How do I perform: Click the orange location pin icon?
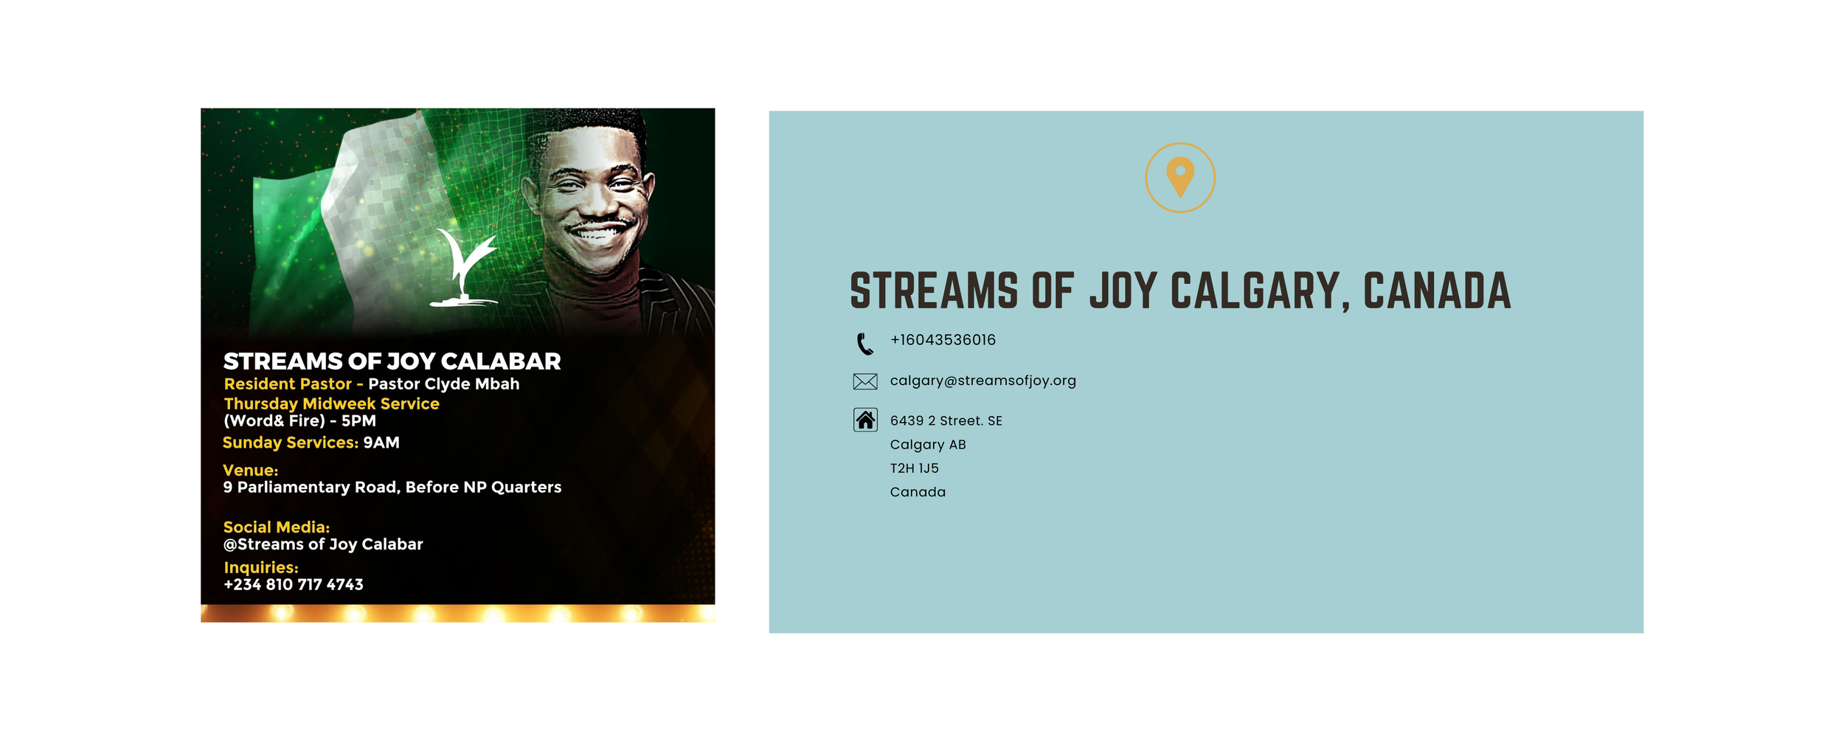pyautogui.click(x=1180, y=177)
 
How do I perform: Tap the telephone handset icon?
pyautogui.click(x=864, y=344)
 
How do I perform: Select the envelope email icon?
pyautogui.click(x=865, y=381)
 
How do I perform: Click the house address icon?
pyautogui.click(x=865, y=420)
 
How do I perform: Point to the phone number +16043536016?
pyautogui.click(x=943, y=340)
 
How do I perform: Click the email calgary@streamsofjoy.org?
pyautogui.click(x=983, y=381)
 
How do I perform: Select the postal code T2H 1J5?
pyautogui.click(x=914, y=468)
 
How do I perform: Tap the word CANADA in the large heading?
pyautogui.click(x=1437, y=291)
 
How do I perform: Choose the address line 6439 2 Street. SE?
pyautogui.click(x=946, y=421)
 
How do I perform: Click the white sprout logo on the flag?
pyautogui.click(x=465, y=267)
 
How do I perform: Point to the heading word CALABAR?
pyautogui.click(x=501, y=361)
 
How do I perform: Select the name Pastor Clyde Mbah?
pyautogui.click(x=444, y=384)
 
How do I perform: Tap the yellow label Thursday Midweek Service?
pyautogui.click(x=331, y=404)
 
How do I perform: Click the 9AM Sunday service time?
pyautogui.click(x=381, y=443)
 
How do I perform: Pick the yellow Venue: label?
pyautogui.click(x=251, y=471)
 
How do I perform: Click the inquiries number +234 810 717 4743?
pyautogui.click(x=293, y=585)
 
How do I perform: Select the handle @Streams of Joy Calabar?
pyautogui.click(x=323, y=544)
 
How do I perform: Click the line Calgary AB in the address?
pyautogui.click(x=928, y=445)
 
